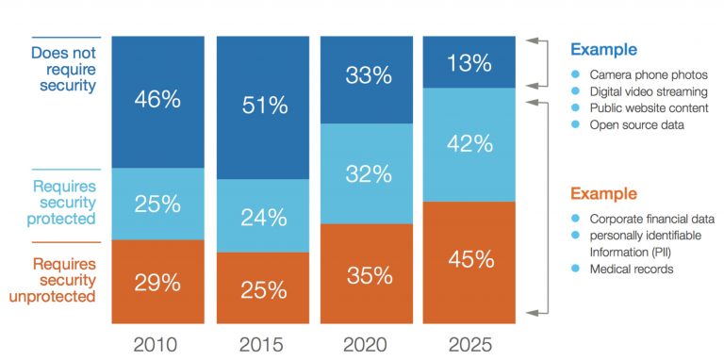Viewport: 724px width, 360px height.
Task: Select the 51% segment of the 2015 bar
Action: coord(264,106)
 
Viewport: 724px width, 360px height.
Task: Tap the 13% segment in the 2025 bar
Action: coord(469,62)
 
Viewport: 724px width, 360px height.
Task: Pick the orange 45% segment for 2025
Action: coord(469,258)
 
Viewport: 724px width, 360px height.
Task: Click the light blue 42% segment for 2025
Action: coord(469,144)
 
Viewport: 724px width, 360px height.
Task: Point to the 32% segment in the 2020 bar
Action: coord(368,174)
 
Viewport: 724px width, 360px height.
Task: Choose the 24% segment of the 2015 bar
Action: coord(264,216)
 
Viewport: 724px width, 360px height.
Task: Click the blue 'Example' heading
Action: coord(604,50)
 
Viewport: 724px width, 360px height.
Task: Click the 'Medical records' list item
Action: coord(633,269)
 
